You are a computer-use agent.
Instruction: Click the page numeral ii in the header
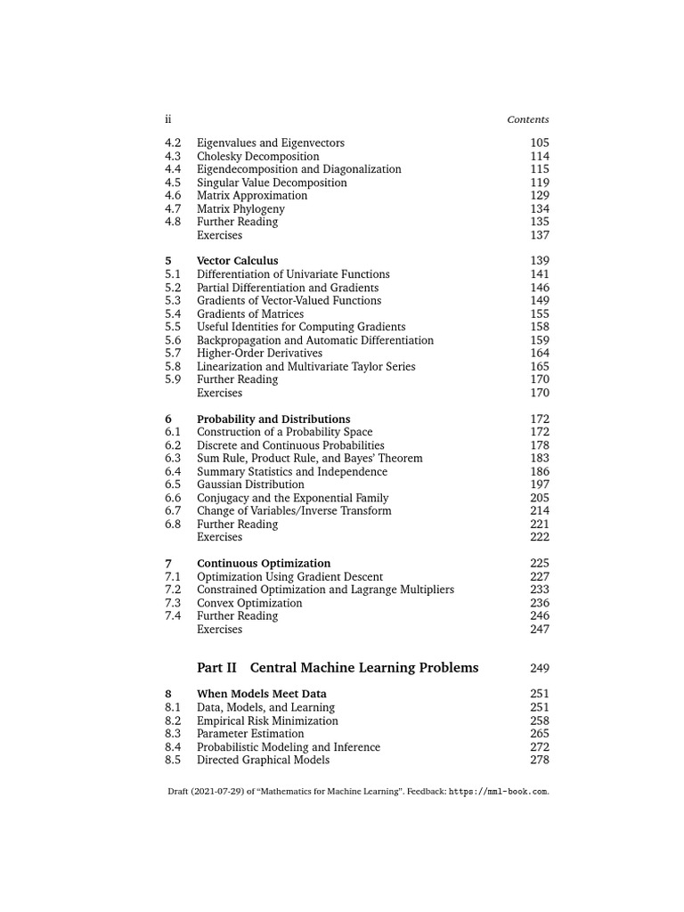(167, 119)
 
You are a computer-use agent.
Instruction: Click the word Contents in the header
(528, 119)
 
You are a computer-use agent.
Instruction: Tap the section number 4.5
(173, 183)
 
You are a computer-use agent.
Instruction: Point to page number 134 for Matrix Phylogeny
(540, 208)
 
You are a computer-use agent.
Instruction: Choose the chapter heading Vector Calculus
(237, 261)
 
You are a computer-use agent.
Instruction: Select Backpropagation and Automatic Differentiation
(315, 340)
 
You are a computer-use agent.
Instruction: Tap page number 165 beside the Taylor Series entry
(540, 366)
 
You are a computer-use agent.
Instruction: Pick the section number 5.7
(173, 353)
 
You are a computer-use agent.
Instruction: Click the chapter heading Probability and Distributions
(273, 419)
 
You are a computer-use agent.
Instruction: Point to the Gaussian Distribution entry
(250, 484)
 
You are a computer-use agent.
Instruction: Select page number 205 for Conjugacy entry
(540, 498)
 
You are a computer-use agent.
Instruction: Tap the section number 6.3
(173, 458)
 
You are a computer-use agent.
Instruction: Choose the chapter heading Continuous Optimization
(264, 563)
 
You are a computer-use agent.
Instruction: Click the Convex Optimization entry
(249, 603)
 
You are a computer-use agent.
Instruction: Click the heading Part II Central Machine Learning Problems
(338, 668)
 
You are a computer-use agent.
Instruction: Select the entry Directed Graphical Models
(263, 760)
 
